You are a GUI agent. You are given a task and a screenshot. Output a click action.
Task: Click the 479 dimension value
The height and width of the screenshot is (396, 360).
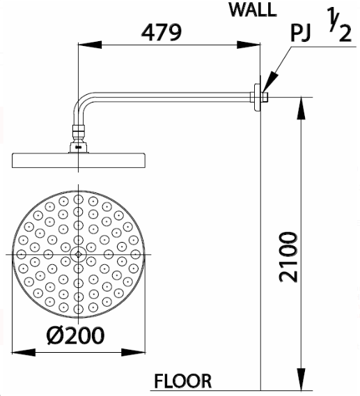click(161, 32)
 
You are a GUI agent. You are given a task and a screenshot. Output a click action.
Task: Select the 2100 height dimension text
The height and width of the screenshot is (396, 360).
click(288, 257)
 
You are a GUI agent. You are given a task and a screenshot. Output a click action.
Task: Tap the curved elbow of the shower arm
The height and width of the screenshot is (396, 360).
click(81, 107)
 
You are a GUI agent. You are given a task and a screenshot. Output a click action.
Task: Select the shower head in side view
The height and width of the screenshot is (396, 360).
click(79, 160)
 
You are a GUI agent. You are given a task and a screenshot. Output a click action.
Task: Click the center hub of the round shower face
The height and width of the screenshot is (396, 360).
click(78, 254)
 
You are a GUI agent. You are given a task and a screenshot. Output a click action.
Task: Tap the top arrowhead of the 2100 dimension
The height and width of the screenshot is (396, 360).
click(301, 103)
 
